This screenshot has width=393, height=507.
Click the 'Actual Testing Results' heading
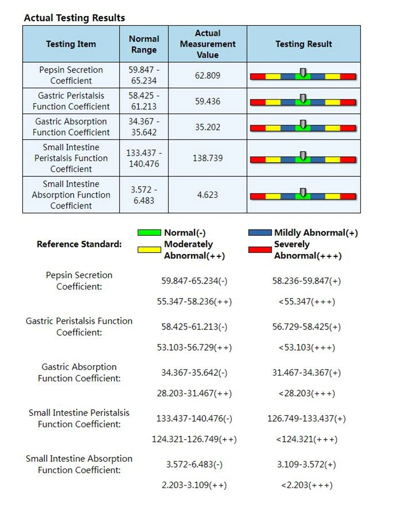[75, 18]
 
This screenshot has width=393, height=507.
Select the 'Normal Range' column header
[144, 44]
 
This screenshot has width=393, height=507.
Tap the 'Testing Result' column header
[304, 44]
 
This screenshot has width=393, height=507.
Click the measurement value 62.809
[208, 76]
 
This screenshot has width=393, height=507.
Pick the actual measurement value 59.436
[208, 102]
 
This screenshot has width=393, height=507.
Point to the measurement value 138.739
[208, 158]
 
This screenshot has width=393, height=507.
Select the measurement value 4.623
[208, 195]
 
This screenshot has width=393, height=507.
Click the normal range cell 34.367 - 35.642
[144, 127]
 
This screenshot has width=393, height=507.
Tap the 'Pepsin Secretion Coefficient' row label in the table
[71, 76]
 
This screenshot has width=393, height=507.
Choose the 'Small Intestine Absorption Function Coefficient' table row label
[71, 195]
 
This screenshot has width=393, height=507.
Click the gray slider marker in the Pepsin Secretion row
[303, 73]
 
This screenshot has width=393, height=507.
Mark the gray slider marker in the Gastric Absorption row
[303, 124]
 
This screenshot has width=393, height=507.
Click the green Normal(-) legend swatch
[149, 232]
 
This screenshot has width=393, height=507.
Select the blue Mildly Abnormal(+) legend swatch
[260, 232]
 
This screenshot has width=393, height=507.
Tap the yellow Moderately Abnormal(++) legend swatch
[149, 250]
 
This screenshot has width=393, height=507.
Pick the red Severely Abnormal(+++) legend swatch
[260, 250]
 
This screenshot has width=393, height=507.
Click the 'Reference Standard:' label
[79, 244]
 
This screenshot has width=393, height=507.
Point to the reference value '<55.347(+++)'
[307, 302]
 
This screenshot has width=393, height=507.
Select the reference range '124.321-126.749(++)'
[194, 439]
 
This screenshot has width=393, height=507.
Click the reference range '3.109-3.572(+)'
[307, 464]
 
